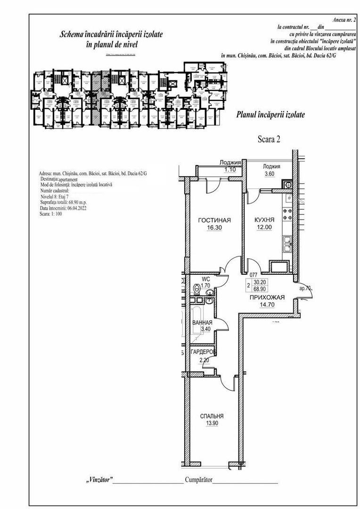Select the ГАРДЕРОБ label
coord(203,352)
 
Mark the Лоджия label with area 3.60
coord(272,166)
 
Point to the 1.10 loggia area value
coord(230,169)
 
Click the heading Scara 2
coord(269,139)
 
